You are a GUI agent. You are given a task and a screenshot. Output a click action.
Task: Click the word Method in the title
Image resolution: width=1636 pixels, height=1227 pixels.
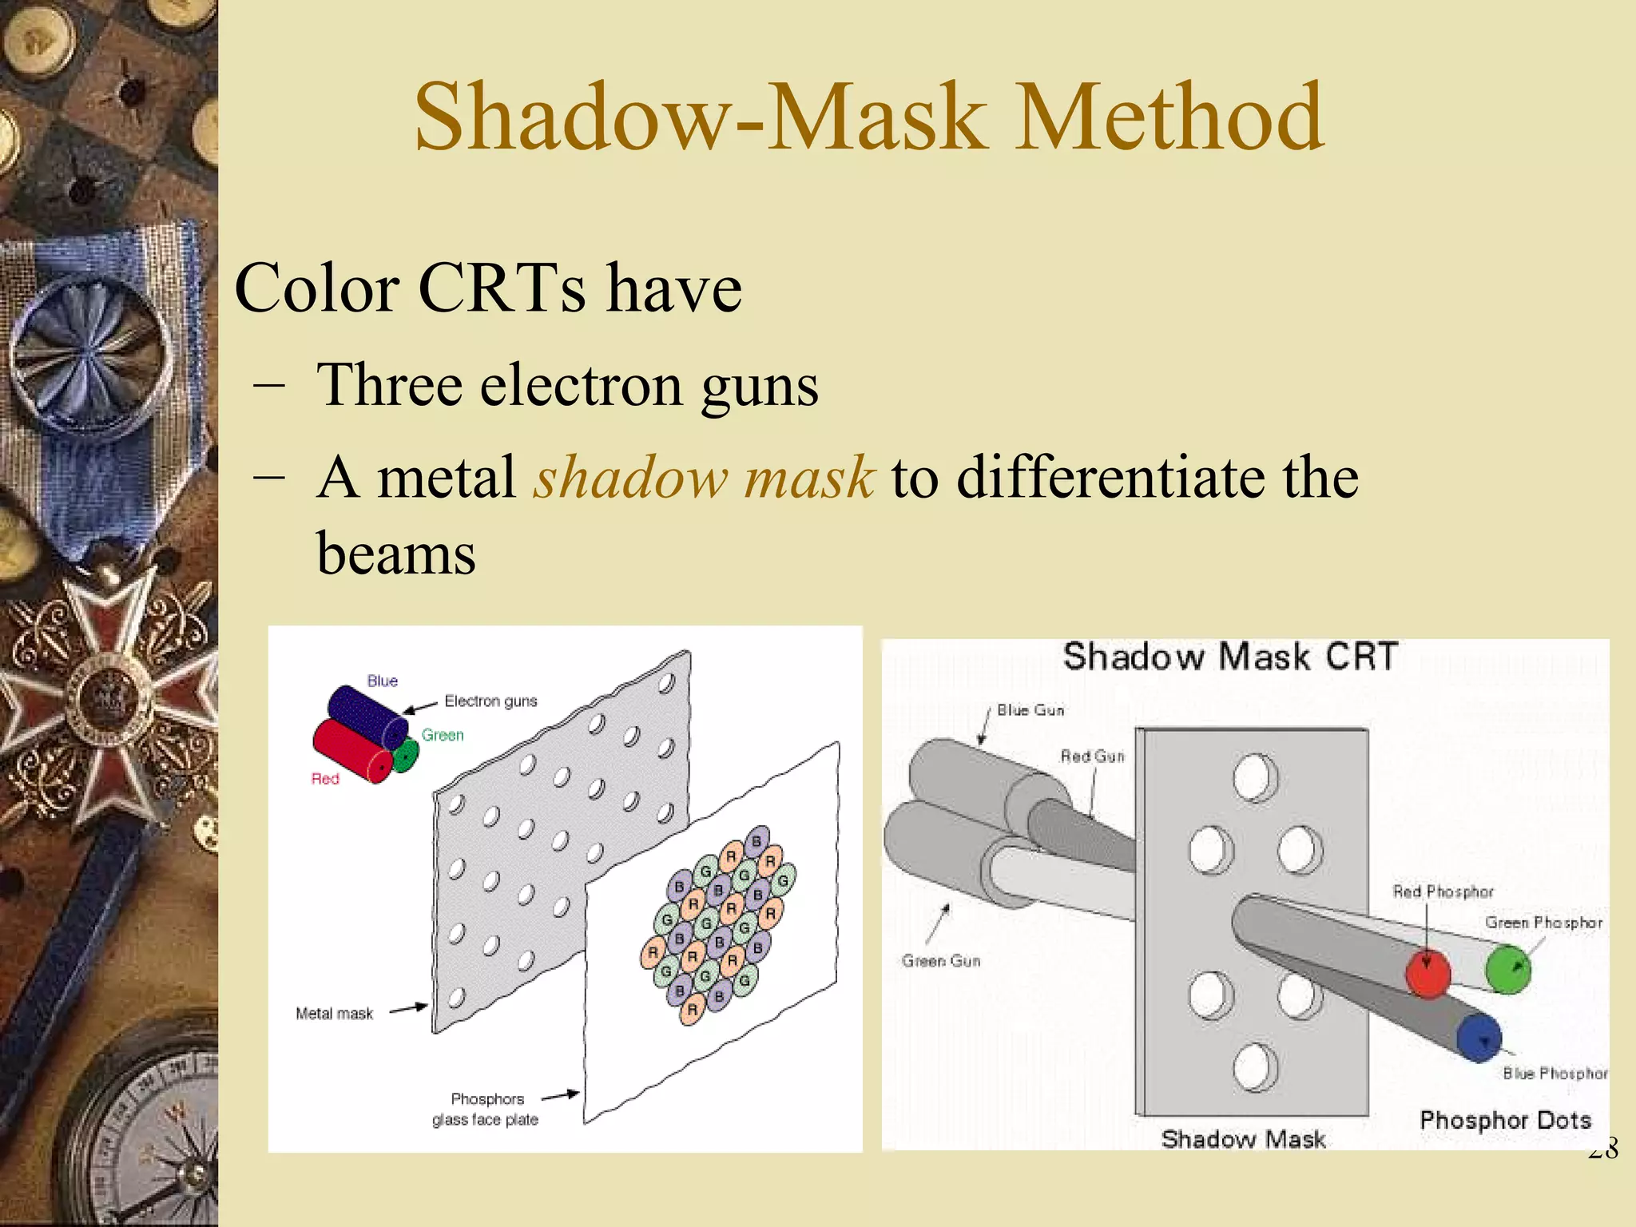click(x=1171, y=117)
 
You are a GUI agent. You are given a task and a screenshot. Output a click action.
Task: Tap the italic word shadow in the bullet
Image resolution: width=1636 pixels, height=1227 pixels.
click(x=630, y=478)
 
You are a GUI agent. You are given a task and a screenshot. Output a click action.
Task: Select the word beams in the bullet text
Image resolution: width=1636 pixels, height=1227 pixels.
click(x=396, y=553)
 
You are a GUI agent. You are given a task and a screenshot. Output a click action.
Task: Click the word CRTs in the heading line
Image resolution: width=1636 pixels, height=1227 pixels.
click(x=501, y=288)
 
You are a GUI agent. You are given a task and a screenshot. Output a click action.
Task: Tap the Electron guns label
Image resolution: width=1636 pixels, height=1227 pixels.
click(x=490, y=701)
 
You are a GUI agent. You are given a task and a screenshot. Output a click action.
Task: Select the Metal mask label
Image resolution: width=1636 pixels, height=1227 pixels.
click(x=334, y=1014)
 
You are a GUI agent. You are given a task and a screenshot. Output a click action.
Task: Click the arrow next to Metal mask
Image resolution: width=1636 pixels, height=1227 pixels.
click(x=408, y=1009)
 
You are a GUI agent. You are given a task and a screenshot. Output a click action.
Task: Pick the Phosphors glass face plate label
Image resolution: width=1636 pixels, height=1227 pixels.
click(x=486, y=1110)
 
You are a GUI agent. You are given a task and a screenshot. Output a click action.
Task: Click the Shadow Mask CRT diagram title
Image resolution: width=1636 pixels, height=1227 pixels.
click(x=1230, y=657)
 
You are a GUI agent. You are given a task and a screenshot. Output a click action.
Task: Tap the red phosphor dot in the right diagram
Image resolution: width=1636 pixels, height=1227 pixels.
click(x=1428, y=972)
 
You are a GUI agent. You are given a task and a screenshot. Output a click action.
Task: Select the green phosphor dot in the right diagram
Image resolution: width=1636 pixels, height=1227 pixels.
click(x=1507, y=968)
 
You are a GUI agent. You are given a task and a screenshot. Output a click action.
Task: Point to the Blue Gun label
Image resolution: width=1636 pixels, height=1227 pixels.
click(x=1030, y=710)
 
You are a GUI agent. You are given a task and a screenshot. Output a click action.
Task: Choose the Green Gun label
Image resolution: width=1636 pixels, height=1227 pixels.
click(x=941, y=961)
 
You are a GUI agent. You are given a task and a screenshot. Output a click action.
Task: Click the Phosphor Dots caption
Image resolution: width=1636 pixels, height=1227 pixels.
click(x=1505, y=1120)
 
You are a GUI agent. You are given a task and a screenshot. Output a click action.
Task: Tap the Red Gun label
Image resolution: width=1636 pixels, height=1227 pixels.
click(x=1092, y=756)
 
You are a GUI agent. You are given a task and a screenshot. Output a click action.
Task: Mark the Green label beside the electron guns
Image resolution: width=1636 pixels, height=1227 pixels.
click(x=443, y=735)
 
